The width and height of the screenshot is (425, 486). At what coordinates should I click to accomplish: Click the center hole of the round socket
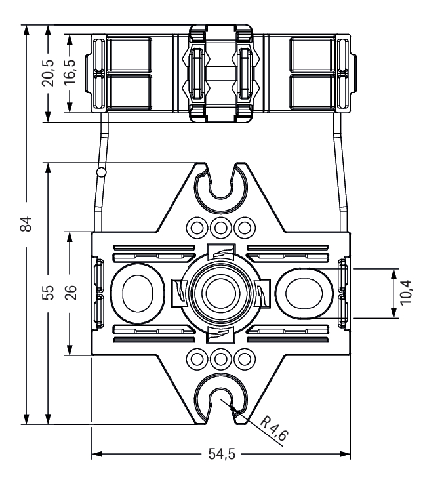[x=220, y=292]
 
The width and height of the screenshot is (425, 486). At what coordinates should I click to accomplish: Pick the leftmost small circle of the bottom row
[x=196, y=359]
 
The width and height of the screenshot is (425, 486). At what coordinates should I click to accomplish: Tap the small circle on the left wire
[x=100, y=172]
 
